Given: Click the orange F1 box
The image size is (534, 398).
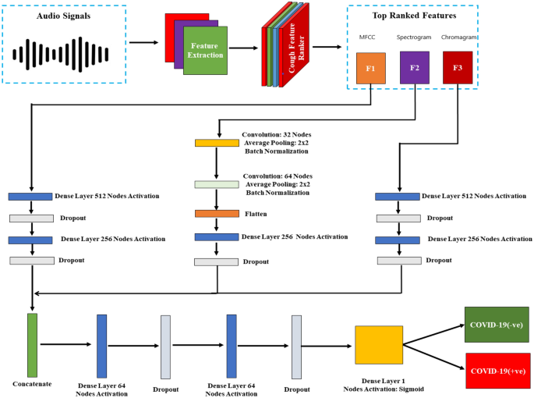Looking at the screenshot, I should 371,68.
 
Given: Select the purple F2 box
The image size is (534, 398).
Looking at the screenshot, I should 415,68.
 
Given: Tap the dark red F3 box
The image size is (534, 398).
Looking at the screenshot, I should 458,68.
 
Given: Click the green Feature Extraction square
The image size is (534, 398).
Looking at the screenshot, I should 206,52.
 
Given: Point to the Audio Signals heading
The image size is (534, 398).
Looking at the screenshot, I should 63,16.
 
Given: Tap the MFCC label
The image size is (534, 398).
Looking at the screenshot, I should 366,37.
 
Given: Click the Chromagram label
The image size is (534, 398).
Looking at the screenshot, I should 459,37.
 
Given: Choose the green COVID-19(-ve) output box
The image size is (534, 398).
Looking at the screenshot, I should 496,324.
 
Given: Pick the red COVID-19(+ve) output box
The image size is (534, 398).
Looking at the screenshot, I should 496,370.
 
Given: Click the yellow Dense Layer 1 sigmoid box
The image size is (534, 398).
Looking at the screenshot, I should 378,345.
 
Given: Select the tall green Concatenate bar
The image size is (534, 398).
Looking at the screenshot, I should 32,345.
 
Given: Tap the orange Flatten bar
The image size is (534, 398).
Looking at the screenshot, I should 217,213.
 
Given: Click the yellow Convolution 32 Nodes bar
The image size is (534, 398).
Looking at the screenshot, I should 217,143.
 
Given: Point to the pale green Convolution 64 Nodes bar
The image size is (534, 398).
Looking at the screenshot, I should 217,184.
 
